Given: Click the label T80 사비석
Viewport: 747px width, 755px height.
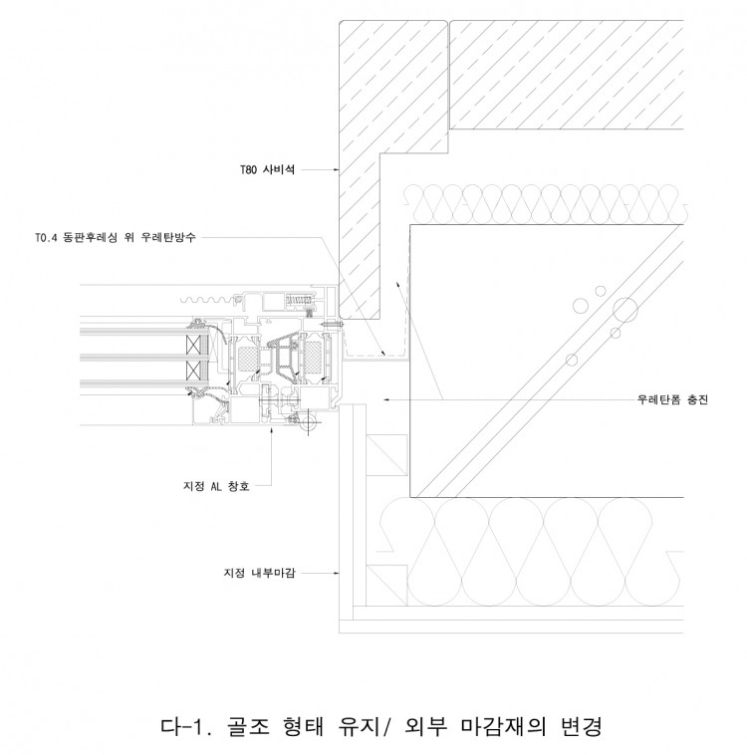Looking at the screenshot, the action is pos(267,170).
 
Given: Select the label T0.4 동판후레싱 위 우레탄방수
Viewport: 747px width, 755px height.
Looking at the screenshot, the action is pos(116,237).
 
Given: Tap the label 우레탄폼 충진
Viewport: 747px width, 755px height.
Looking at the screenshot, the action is pos(672,399).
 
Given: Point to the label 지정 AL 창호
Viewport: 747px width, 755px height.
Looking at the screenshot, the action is pos(216,486).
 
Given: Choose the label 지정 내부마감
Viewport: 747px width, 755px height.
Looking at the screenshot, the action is pos(259,573).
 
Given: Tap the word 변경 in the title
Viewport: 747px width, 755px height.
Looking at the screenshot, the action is pos(582,726).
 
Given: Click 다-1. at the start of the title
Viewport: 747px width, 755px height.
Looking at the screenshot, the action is pos(185,726).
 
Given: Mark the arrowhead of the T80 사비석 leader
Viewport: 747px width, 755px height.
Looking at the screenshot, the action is pos(337,170).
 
